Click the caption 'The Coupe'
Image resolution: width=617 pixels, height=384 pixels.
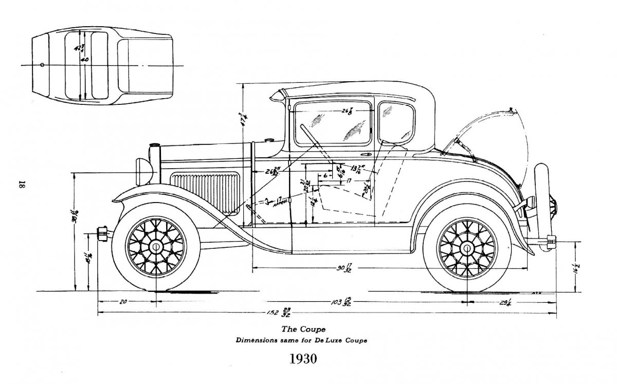[303, 328]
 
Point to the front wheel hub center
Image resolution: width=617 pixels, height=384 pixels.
[155, 248]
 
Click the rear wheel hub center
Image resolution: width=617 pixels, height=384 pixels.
[467, 248]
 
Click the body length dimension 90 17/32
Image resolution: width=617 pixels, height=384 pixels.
[345, 268]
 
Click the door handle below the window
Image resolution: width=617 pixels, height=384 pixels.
[366, 155]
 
